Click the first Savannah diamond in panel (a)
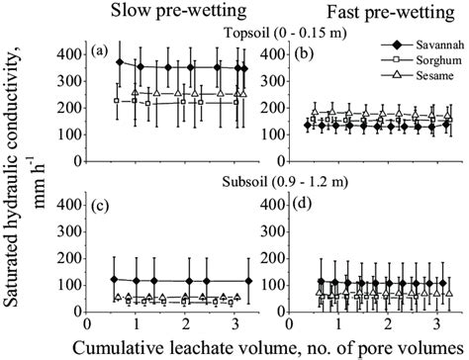coord(120,62)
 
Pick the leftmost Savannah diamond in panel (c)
coord(115,280)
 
